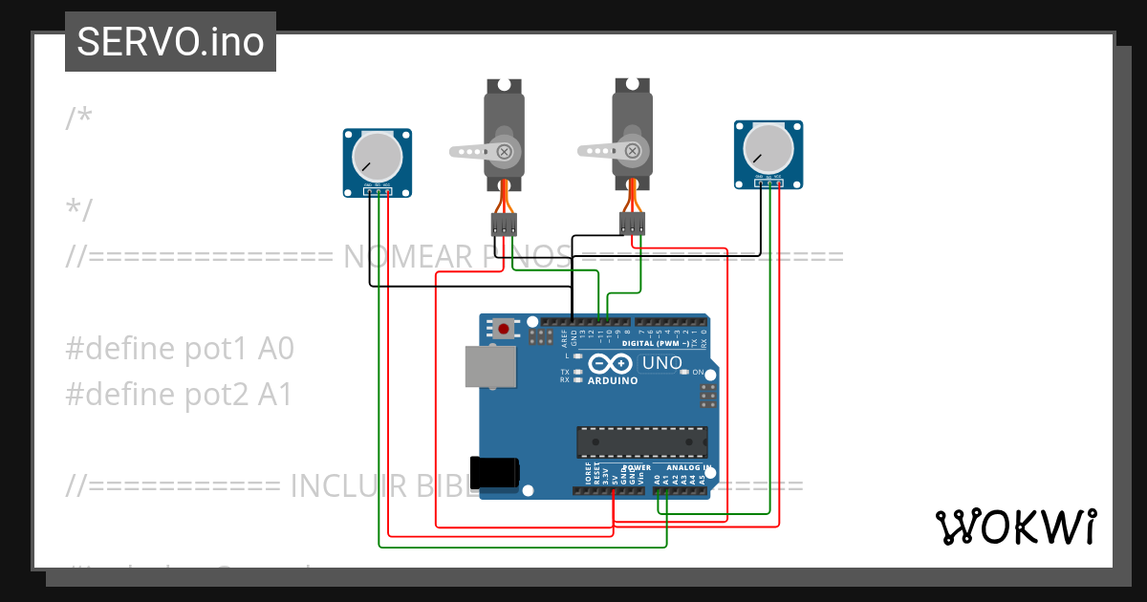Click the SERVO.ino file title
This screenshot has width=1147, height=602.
170,42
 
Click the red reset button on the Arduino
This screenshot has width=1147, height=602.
504,329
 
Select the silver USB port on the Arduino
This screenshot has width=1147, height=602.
489,367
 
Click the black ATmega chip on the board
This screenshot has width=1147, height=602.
641,442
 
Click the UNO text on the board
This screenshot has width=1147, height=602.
661,363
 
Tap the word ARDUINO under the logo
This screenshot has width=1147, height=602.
612,380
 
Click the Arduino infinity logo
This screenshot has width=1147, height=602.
612,364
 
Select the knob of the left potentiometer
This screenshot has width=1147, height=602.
377,156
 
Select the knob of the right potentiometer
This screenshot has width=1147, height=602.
768,148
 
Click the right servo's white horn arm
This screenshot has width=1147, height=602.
600,150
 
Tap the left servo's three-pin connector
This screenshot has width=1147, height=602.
504,225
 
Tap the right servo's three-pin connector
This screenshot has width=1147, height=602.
632,224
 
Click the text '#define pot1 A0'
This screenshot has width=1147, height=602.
179,350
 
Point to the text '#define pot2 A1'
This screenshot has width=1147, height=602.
179,395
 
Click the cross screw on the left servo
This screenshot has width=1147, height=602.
504,150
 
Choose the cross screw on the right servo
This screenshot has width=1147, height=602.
632,150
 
